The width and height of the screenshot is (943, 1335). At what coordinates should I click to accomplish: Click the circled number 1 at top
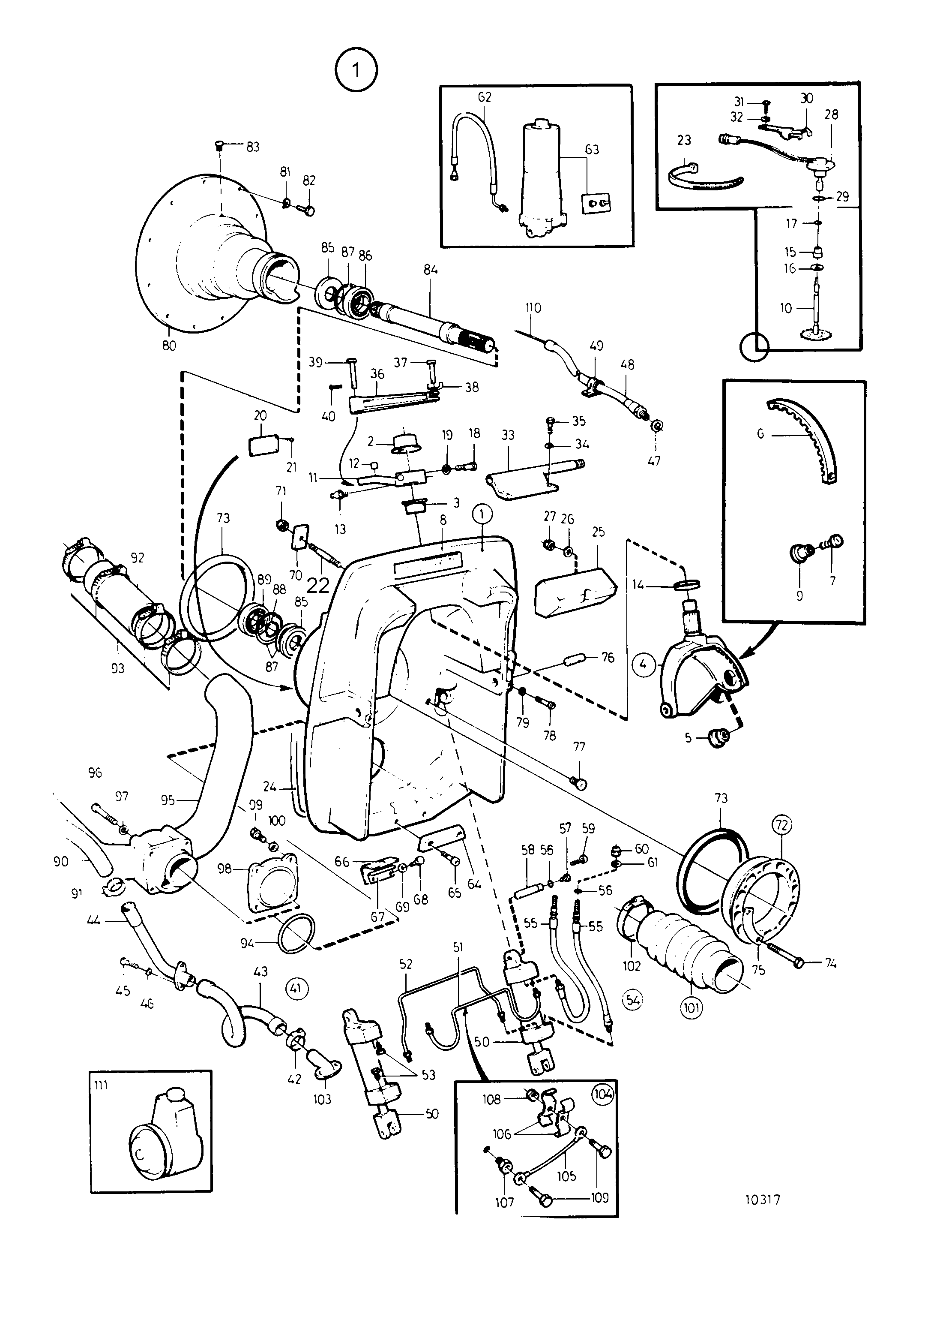pyautogui.click(x=356, y=70)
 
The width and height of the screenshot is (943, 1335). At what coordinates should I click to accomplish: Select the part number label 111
pyautogui.click(x=101, y=1085)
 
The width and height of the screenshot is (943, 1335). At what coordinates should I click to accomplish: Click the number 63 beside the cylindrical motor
pyautogui.click(x=592, y=150)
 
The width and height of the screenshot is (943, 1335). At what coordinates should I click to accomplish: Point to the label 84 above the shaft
pyautogui.click(x=430, y=269)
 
